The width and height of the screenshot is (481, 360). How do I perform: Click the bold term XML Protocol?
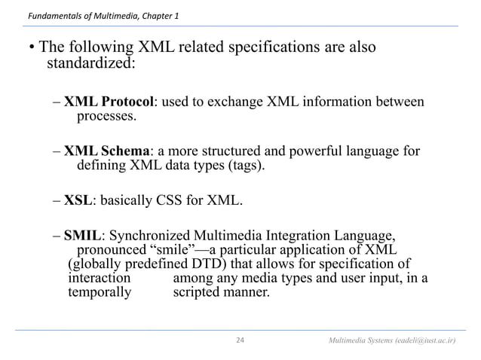click(109, 102)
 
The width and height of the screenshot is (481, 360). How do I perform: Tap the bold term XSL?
click(75, 200)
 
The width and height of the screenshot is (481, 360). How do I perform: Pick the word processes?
click(107, 117)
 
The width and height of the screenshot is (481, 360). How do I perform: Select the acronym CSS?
click(173, 200)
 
